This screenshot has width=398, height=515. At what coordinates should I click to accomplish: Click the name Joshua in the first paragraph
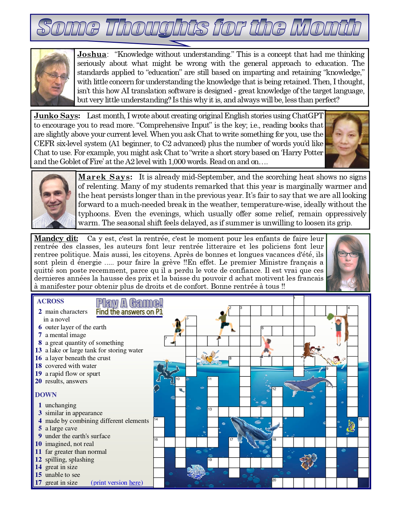coord(91,54)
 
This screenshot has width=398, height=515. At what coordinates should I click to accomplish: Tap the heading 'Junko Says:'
coord(57,116)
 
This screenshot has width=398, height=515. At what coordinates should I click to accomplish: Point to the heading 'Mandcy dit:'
coord(56,238)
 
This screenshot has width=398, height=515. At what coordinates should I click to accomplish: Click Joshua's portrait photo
coord(52,77)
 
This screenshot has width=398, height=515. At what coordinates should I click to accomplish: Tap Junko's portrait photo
coord(347,139)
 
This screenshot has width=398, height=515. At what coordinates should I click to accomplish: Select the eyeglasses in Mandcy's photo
coord(348,254)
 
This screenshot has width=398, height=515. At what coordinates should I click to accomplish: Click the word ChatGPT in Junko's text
coord(307,116)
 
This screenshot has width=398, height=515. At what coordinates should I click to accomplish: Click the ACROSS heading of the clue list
coord(50,301)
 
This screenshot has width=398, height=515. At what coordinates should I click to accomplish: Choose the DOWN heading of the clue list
coord(46,395)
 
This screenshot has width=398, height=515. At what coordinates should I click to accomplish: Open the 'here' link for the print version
coord(135,483)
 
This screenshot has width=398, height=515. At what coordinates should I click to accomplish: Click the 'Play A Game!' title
coord(129,303)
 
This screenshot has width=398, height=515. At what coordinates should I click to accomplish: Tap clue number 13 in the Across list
coord(38,350)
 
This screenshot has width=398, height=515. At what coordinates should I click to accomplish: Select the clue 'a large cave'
coord(61,428)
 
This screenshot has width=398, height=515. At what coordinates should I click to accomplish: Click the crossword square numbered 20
coord(277,483)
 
